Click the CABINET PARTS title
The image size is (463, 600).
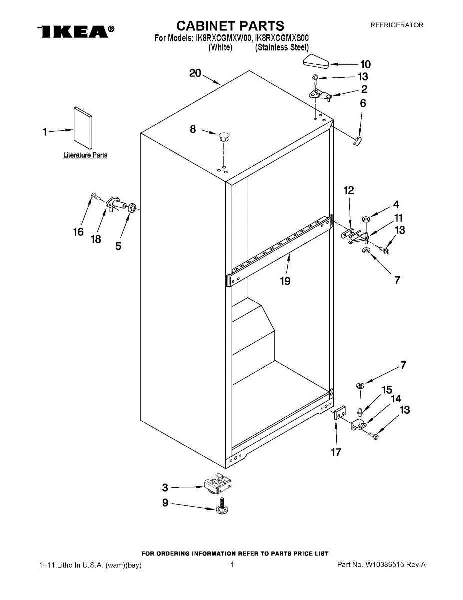[x=230, y=26]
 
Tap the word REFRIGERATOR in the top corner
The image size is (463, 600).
[x=396, y=25]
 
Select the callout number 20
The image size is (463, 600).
[x=195, y=73]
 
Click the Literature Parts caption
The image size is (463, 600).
[x=85, y=155]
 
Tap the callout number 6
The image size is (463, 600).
[x=363, y=103]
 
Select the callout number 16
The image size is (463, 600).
[x=78, y=232]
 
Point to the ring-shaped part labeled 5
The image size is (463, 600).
[x=133, y=208]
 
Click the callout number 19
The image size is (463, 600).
[x=285, y=281]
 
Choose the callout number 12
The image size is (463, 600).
[x=348, y=190]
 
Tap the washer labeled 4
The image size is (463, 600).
[x=366, y=219]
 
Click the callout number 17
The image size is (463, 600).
[x=336, y=452]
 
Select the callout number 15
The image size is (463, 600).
[x=387, y=389]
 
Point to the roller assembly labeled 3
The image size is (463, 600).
[x=219, y=483]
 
